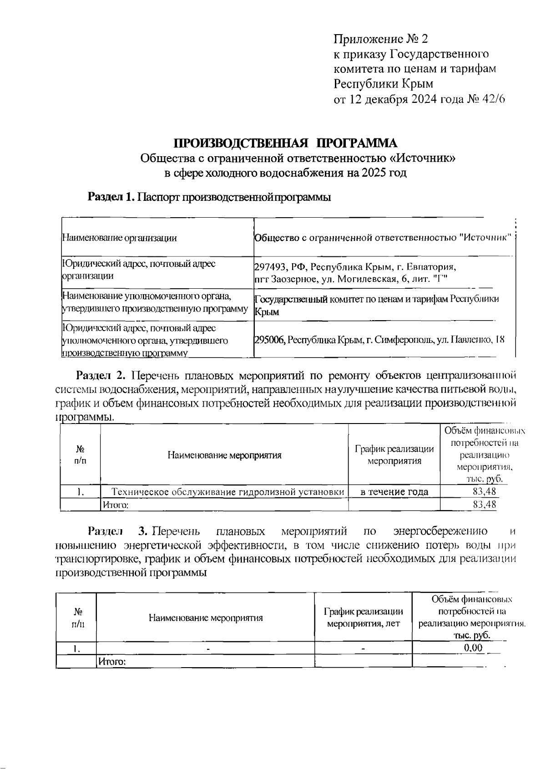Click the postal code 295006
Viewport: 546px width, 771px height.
[x=269, y=340]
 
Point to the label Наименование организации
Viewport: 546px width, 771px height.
[x=119, y=237]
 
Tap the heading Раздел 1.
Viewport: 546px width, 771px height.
[x=111, y=197]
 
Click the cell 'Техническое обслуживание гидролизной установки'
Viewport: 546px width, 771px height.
[x=227, y=491]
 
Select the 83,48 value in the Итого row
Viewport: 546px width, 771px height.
[x=484, y=505]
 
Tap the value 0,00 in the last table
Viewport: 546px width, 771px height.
[x=473, y=648]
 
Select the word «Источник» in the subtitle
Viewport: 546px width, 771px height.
[x=424, y=158]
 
